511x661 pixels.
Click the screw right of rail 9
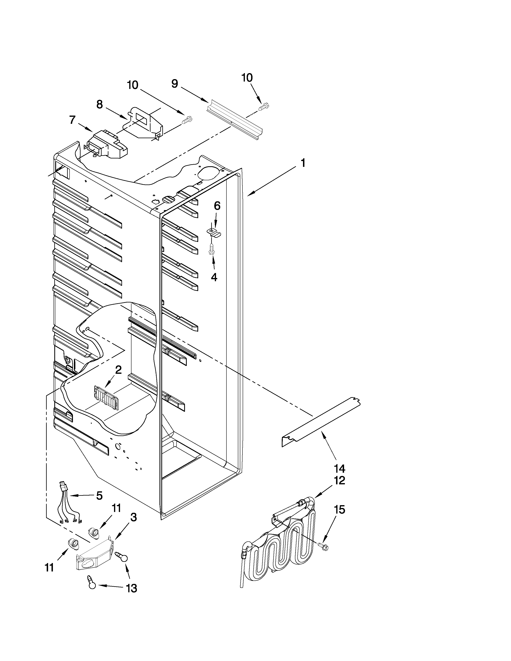pyautogui.click(x=264, y=106)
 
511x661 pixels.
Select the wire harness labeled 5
pyautogui.click(x=69, y=506)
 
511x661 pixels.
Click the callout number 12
pyautogui.click(x=339, y=480)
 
